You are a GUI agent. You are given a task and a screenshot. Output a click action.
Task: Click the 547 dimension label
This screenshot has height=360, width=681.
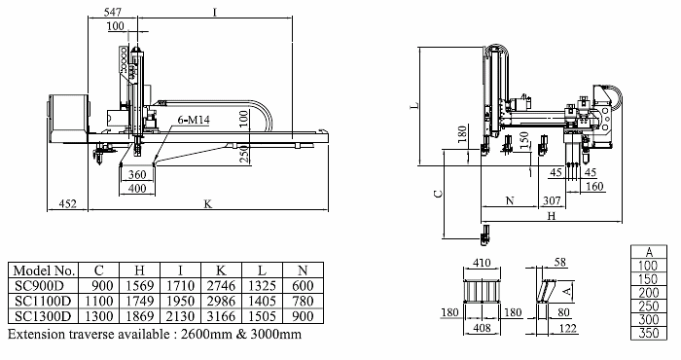pyautogui.click(x=113, y=12)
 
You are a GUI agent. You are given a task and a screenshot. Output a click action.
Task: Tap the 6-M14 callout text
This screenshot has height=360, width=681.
pyautogui.click(x=194, y=120)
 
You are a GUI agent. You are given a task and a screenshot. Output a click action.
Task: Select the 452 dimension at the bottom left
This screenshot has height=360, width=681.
pyautogui.click(x=67, y=203)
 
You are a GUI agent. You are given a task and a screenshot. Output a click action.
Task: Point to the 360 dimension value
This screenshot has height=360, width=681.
pyautogui.click(x=137, y=174)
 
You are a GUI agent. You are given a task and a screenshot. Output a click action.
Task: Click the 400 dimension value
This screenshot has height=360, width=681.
pyautogui.click(x=137, y=189)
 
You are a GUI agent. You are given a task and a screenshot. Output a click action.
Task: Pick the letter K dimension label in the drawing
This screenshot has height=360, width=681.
pyautogui.click(x=208, y=203)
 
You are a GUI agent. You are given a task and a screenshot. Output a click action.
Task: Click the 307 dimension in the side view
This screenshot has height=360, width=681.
pyautogui.click(x=552, y=200)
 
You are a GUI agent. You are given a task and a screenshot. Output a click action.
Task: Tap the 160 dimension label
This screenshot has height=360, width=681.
pyautogui.click(x=594, y=186)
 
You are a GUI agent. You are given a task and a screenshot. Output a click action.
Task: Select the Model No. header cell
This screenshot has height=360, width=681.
pyautogui.click(x=44, y=270)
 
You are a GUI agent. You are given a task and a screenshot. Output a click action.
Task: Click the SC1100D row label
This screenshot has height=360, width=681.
pyautogui.click(x=43, y=301)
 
